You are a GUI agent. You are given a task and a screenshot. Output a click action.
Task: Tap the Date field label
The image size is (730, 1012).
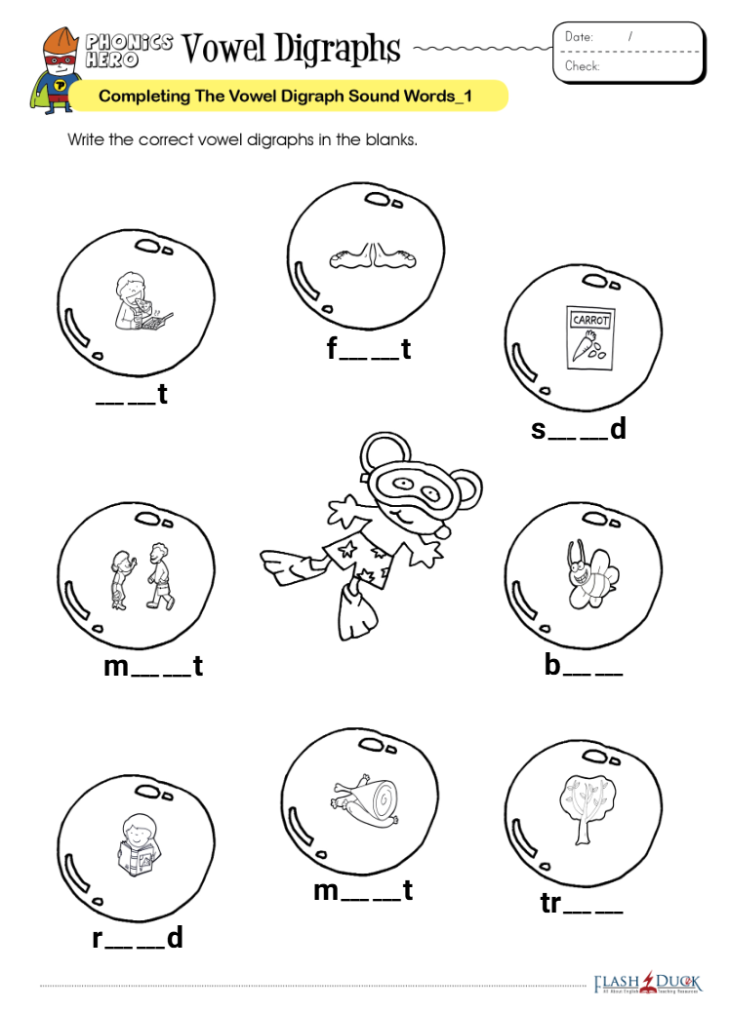579,37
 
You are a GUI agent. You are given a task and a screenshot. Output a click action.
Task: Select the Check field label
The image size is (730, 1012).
582,66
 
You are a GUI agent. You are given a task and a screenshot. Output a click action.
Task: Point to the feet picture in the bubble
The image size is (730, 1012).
373,256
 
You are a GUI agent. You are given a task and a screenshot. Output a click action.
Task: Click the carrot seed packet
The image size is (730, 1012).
589,337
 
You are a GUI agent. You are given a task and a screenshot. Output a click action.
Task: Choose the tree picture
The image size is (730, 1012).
587,810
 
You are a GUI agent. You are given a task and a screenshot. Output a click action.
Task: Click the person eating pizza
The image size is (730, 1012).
142,301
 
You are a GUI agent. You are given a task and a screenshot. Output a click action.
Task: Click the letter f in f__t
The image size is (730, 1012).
332,348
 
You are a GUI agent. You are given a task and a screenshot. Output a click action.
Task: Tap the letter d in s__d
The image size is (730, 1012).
618,428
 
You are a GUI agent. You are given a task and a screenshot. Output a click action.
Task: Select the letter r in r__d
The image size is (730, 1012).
98,939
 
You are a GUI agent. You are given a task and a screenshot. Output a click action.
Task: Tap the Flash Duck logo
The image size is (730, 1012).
648,984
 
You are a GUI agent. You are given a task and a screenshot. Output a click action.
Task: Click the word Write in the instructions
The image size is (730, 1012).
86,139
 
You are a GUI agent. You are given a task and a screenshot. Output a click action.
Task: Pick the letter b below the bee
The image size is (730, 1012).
552,665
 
